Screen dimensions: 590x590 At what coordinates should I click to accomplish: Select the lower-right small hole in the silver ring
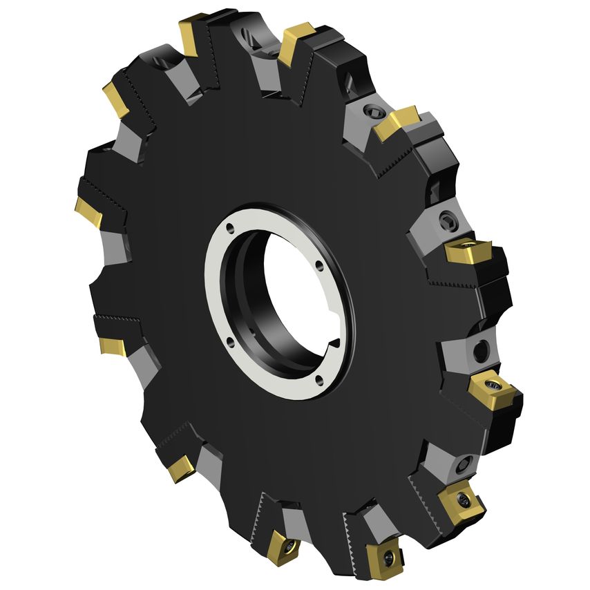pyautogui.click(x=319, y=377)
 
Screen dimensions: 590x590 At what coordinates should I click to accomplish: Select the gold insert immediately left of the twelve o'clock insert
pyautogui.click(x=191, y=33)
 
